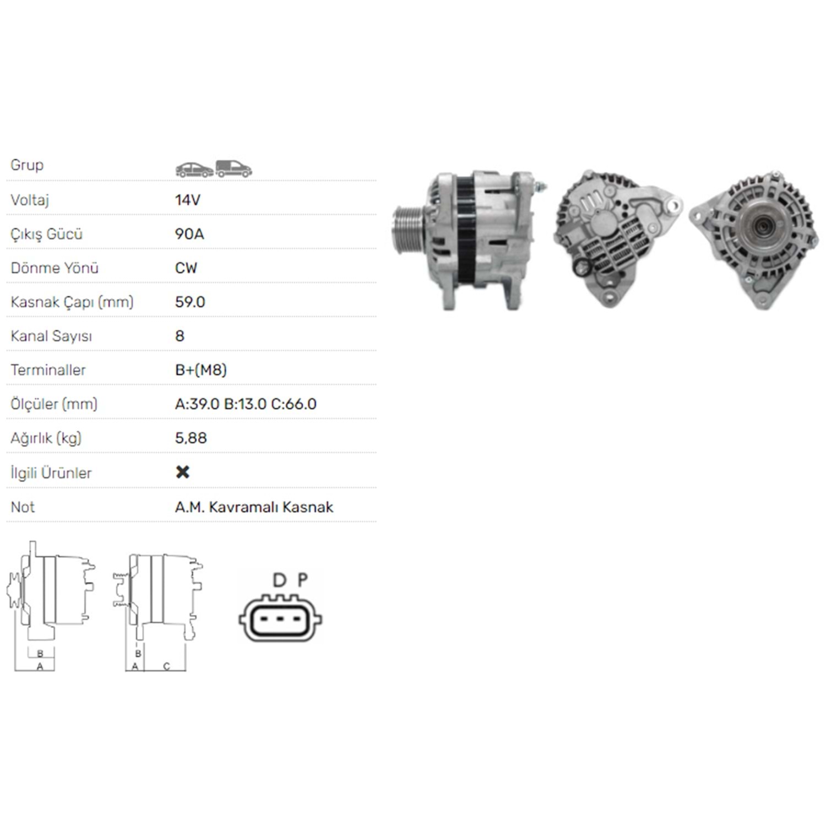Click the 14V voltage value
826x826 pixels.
188,200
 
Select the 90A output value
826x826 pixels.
189,234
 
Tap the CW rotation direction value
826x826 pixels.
186,268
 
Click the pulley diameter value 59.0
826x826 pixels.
190,302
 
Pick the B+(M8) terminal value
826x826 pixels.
201,370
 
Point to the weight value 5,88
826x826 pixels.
191,438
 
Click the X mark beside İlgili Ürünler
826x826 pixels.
182,472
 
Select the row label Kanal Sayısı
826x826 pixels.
51,336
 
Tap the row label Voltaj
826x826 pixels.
30,200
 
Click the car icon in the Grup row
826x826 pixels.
194,170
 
